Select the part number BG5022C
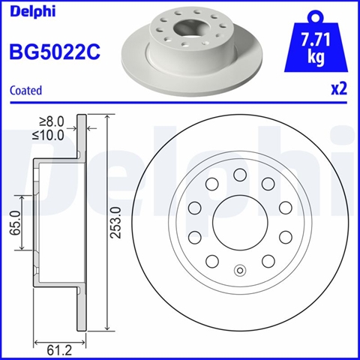pyautogui.click(x=55, y=52)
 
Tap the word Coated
pyautogui.click(x=25, y=90)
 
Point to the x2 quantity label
pyautogui.click(x=339, y=89)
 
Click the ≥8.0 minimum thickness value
pyautogui.click(x=52, y=121)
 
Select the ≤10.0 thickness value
pyautogui.click(x=48, y=135)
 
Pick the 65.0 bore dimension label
pyautogui.click(x=15, y=223)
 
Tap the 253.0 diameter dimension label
pyautogui.click(x=115, y=223)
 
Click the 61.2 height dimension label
pyautogui.click(x=59, y=351)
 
